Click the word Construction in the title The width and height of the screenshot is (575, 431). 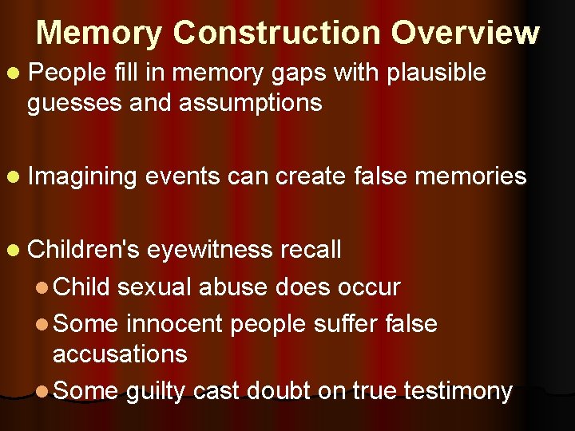[276, 33]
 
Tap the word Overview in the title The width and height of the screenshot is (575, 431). [466, 33]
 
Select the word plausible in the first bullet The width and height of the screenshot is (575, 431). [436, 73]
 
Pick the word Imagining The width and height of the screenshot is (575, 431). [82, 176]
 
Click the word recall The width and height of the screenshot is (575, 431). [311, 250]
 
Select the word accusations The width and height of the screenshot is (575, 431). [120, 354]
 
